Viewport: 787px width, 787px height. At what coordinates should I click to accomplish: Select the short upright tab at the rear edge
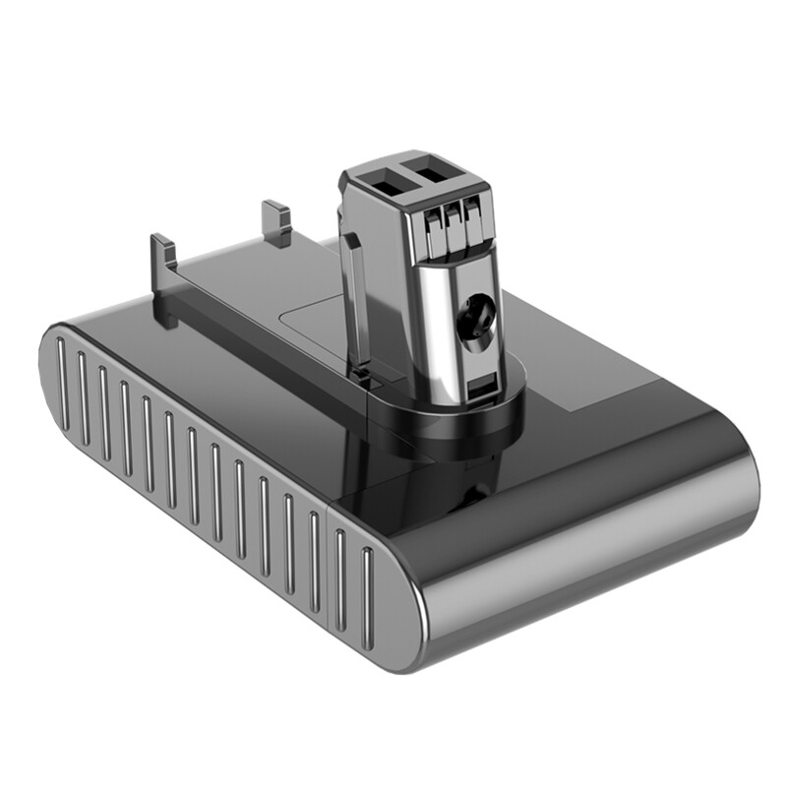coord(276,222)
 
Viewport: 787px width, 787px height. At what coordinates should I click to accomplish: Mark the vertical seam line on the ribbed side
coord(326,561)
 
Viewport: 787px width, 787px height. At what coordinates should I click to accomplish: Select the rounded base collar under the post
coord(462,413)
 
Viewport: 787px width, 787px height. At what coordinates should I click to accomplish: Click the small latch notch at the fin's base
coord(362,374)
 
